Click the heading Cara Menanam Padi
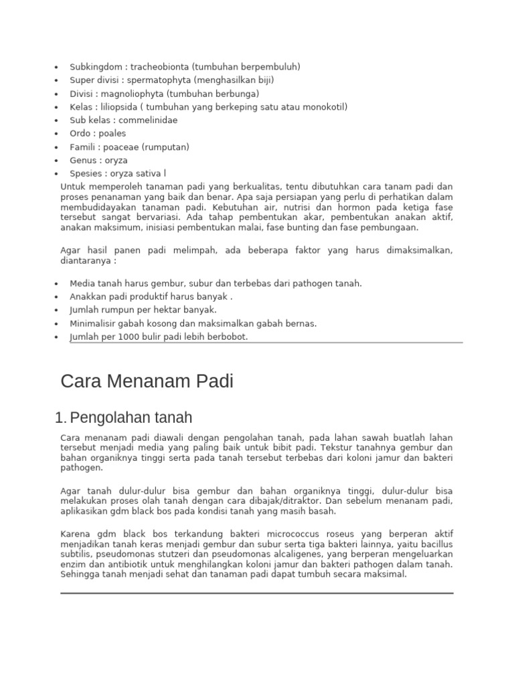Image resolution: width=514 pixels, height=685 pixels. click(x=147, y=382)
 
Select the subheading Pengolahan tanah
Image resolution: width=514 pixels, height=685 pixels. click(x=131, y=418)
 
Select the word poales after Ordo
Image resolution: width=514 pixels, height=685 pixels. click(x=111, y=134)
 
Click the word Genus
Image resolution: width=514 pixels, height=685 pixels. click(x=82, y=161)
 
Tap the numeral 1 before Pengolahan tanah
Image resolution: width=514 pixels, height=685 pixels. click(x=58, y=419)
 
